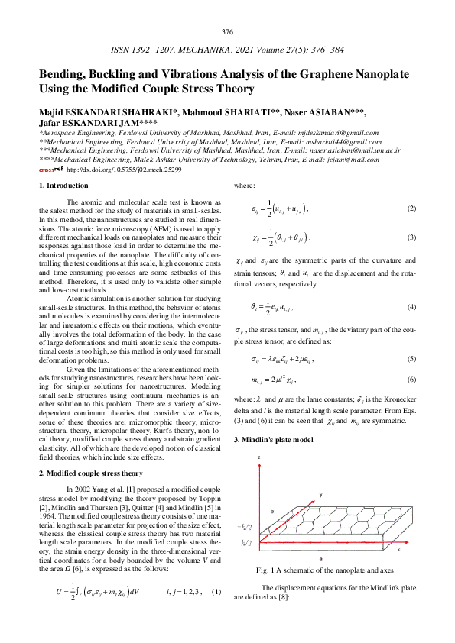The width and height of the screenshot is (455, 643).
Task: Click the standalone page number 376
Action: (227, 32)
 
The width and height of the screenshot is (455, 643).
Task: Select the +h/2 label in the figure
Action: (247, 527)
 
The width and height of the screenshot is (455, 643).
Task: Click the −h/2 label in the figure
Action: (247, 543)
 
